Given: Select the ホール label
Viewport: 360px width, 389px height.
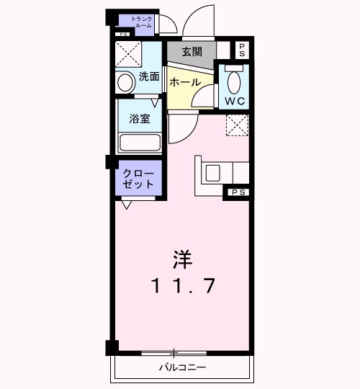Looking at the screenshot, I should [185, 82].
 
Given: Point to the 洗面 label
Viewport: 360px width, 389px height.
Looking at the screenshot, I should [148, 76].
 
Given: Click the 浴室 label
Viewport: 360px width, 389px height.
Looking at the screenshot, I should [140, 119].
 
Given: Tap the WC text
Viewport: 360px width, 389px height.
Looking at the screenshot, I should [235, 100].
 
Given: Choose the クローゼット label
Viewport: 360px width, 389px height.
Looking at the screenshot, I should [138, 178].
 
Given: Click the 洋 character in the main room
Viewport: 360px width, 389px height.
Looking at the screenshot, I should [182, 257].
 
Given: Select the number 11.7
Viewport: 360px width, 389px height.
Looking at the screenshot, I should [183, 286].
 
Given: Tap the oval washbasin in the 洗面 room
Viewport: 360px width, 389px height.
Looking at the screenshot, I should [126, 82].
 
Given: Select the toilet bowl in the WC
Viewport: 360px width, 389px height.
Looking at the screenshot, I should [235, 79].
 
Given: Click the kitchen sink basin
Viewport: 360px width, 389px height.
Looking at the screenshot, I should [213, 173].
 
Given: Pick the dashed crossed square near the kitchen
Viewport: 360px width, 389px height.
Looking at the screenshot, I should [237, 125].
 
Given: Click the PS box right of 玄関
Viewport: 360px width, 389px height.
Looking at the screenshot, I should [242, 50].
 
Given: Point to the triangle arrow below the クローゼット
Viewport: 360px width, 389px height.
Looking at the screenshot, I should [127, 205].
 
